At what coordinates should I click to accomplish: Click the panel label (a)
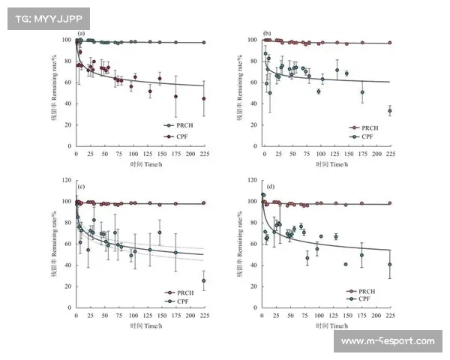[82, 34]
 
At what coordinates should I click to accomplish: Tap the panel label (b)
[266, 34]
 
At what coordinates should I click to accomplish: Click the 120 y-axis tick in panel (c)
[68, 180]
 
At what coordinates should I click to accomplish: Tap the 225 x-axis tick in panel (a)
[203, 153]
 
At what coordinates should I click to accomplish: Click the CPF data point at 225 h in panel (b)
[390, 111]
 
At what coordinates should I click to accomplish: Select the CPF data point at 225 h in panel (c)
[204, 280]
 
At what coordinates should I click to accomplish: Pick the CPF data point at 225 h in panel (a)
[203, 99]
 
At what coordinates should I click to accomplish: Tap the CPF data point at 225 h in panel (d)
[390, 264]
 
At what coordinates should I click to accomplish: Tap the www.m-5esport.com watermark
[387, 342]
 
